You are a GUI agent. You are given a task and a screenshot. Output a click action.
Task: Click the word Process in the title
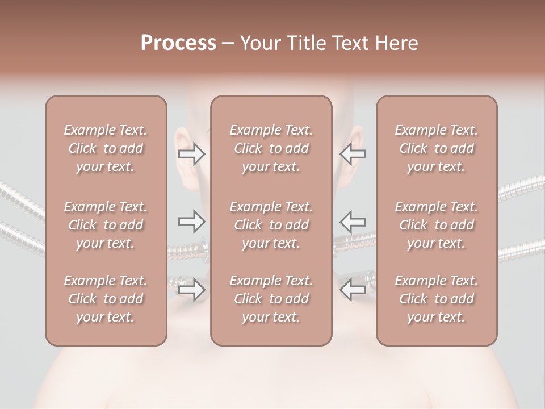[x=178, y=43]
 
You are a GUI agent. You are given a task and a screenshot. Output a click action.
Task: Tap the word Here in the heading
[x=397, y=43]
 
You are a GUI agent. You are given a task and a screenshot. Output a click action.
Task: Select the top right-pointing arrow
[x=191, y=154]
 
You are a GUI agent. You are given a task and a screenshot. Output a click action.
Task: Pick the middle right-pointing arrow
[x=191, y=221]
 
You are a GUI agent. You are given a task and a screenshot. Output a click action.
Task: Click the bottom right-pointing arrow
[x=191, y=290]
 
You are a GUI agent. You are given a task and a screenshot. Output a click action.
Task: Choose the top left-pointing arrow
[x=353, y=154]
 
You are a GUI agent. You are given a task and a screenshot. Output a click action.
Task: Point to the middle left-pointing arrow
[x=353, y=221]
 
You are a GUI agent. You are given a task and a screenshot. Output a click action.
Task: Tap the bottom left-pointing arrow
[x=353, y=290]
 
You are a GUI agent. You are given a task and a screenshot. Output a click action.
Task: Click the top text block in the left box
[x=106, y=148]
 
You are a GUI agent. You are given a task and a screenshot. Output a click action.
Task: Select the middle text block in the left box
[x=106, y=225]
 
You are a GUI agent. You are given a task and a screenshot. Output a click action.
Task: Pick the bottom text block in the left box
[x=106, y=299]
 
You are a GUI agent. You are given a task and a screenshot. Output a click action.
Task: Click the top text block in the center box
[x=271, y=148]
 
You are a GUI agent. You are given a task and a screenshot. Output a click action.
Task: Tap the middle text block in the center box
[x=271, y=225]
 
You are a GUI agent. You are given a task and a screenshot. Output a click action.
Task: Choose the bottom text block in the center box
[x=271, y=299]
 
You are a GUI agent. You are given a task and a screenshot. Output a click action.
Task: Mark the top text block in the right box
[x=437, y=148]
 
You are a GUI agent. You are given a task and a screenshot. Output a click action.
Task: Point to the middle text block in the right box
[x=437, y=225]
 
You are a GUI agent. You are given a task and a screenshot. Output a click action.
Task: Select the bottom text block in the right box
[x=437, y=299]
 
